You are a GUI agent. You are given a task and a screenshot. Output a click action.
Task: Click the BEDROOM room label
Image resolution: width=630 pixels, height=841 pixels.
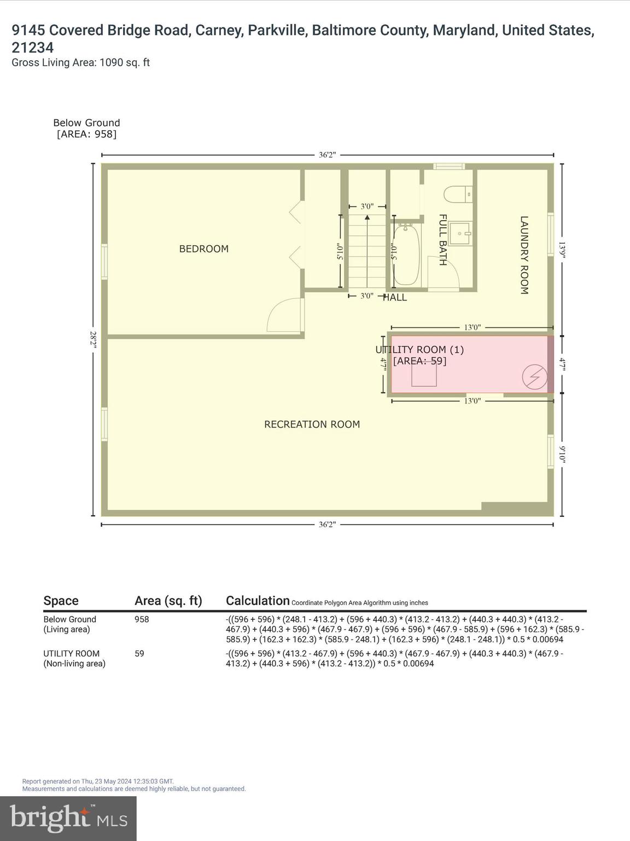(203, 249)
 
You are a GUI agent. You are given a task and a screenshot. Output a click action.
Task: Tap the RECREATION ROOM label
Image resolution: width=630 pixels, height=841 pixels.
(312, 424)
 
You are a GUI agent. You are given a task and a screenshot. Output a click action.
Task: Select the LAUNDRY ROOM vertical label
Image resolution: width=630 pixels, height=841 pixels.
(524, 255)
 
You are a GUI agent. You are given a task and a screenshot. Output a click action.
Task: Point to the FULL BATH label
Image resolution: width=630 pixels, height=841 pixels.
(443, 240)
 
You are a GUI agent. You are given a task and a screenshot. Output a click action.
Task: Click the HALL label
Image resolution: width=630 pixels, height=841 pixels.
(395, 298)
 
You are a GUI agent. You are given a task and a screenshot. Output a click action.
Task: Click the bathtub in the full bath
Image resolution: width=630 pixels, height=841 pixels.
(406, 255)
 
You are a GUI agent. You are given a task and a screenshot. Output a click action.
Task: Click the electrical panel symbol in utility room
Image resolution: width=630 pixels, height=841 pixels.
(534, 377)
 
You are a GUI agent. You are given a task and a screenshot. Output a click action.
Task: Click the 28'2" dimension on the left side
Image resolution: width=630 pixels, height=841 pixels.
(94, 339)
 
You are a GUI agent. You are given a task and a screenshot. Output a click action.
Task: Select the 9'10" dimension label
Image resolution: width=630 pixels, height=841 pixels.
(562, 454)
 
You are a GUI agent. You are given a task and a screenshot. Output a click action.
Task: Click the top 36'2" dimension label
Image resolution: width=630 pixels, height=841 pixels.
(327, 155)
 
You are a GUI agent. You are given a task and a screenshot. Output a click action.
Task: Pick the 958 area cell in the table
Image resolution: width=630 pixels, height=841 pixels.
(142, 619)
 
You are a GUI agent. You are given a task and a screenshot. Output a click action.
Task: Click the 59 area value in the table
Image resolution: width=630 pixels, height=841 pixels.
(139, 653)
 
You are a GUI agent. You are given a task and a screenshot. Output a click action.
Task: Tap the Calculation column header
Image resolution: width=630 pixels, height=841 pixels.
(258, 601)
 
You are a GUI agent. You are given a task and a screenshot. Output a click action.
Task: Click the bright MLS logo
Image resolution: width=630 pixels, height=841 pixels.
(68, 818)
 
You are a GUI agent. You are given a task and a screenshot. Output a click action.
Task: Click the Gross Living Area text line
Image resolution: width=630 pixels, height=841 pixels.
(81, 62)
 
